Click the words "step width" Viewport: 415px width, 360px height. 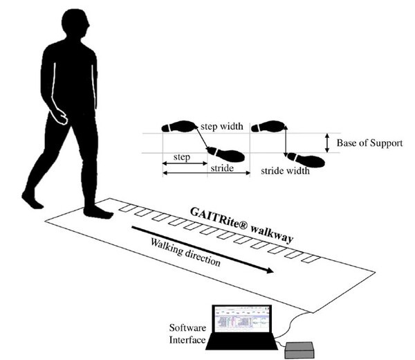[222, 126]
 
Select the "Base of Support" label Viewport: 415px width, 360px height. [369, 143]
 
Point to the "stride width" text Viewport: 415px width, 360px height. [285, 171]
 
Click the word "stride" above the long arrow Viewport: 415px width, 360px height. [222, 168]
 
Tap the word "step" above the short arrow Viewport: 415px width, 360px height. [182, 157]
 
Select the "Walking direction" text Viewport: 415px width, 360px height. [185, 252]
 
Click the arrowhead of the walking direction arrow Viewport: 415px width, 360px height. [270, 271]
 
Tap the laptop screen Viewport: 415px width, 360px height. [242, 319]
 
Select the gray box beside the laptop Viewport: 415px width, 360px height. [299, 350]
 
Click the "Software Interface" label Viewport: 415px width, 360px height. [187, 334]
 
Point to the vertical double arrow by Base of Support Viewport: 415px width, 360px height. [327, 143]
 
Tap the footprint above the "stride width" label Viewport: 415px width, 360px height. [306, 160]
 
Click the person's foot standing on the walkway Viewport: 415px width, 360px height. [98, 212]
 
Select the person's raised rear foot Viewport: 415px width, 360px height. [32, 199]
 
